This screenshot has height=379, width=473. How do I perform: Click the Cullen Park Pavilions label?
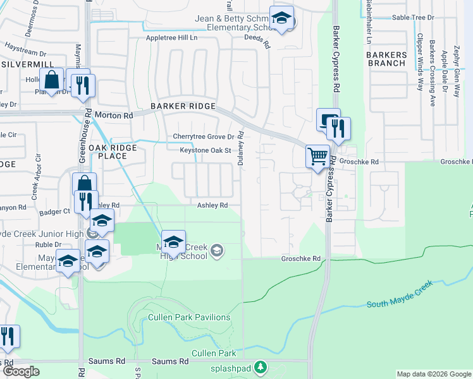(188, 317)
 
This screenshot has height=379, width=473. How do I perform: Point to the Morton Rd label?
(114, 116)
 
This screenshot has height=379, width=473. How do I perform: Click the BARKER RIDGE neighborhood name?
(183, 106)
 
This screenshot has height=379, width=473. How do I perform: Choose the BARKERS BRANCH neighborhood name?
(386, 59)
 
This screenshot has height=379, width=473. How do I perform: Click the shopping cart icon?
(317, 155)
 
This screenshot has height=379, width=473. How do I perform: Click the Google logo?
(21, 371)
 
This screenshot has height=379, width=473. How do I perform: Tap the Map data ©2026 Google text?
(434, 374)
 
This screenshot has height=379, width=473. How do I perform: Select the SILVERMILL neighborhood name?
(23, 65)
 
